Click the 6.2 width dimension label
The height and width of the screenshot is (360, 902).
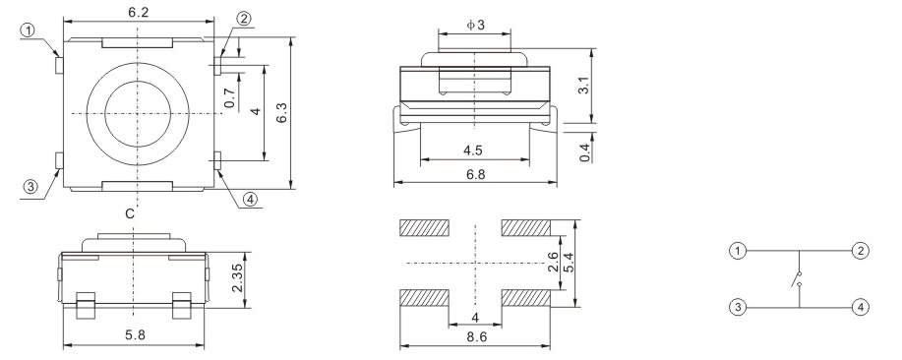139,12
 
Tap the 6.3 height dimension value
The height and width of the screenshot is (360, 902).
281,112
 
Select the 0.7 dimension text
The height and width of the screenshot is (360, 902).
229,97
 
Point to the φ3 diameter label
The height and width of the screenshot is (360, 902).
475,25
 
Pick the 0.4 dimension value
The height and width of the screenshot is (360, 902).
585,152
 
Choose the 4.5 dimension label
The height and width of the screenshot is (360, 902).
473,150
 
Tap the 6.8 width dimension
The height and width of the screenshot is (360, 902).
475,175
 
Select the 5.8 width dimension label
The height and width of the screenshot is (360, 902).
135,335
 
